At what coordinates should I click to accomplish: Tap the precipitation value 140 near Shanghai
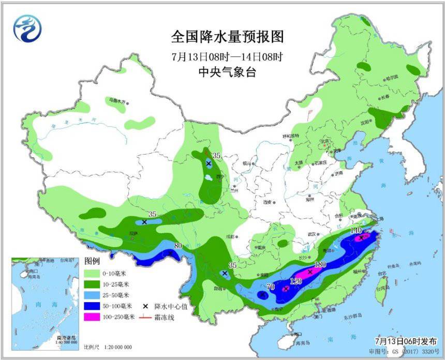[x=356, y=230]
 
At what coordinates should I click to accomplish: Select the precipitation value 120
[x=295, y=281]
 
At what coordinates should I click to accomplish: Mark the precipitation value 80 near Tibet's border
[x=179, y=246]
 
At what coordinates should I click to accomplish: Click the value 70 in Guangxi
[x=270, y=286]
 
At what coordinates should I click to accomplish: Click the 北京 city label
[x=324, y=140]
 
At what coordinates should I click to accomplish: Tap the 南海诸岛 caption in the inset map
[x=67, y=337]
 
